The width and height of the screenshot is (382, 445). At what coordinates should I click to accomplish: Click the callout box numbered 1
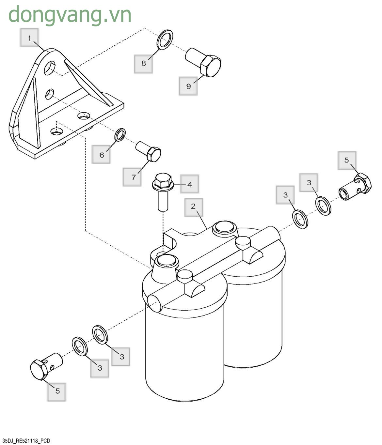29,38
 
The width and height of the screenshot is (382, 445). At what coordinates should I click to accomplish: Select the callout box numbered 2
193,207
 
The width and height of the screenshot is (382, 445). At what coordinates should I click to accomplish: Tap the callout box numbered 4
189,184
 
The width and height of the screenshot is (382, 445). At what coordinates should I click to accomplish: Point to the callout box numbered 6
101,154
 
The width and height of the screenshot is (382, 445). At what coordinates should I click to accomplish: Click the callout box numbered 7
133,177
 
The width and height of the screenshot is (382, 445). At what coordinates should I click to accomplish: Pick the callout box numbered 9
188,86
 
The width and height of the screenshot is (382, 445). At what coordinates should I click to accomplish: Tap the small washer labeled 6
120,134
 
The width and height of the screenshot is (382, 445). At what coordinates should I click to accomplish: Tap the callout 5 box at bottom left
57,391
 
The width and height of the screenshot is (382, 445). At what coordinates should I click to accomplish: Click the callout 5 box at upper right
347,160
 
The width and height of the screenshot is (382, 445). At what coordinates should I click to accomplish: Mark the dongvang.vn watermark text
70,15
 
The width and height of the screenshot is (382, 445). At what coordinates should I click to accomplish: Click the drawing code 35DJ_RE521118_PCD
26,441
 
